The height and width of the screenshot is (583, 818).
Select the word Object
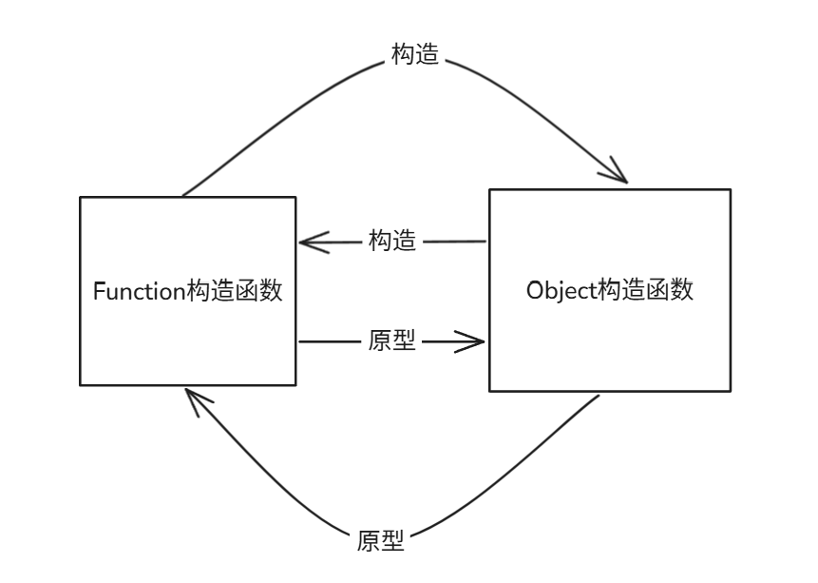click(561, 290)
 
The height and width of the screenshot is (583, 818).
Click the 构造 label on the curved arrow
click(415, 54)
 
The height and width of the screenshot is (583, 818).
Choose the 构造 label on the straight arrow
click(392, 242)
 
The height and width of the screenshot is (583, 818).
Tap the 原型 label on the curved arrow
click(381, 542)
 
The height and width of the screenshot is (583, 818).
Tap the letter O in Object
click(534, 290)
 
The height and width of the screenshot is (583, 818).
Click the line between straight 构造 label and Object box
click(454, 242)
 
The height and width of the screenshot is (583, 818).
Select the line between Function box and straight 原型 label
click(328, 341)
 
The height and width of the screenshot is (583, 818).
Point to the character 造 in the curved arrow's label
click(428, 54)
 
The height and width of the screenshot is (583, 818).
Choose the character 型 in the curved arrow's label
click(393, 542)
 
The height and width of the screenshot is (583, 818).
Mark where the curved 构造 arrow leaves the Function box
click(183, 196)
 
